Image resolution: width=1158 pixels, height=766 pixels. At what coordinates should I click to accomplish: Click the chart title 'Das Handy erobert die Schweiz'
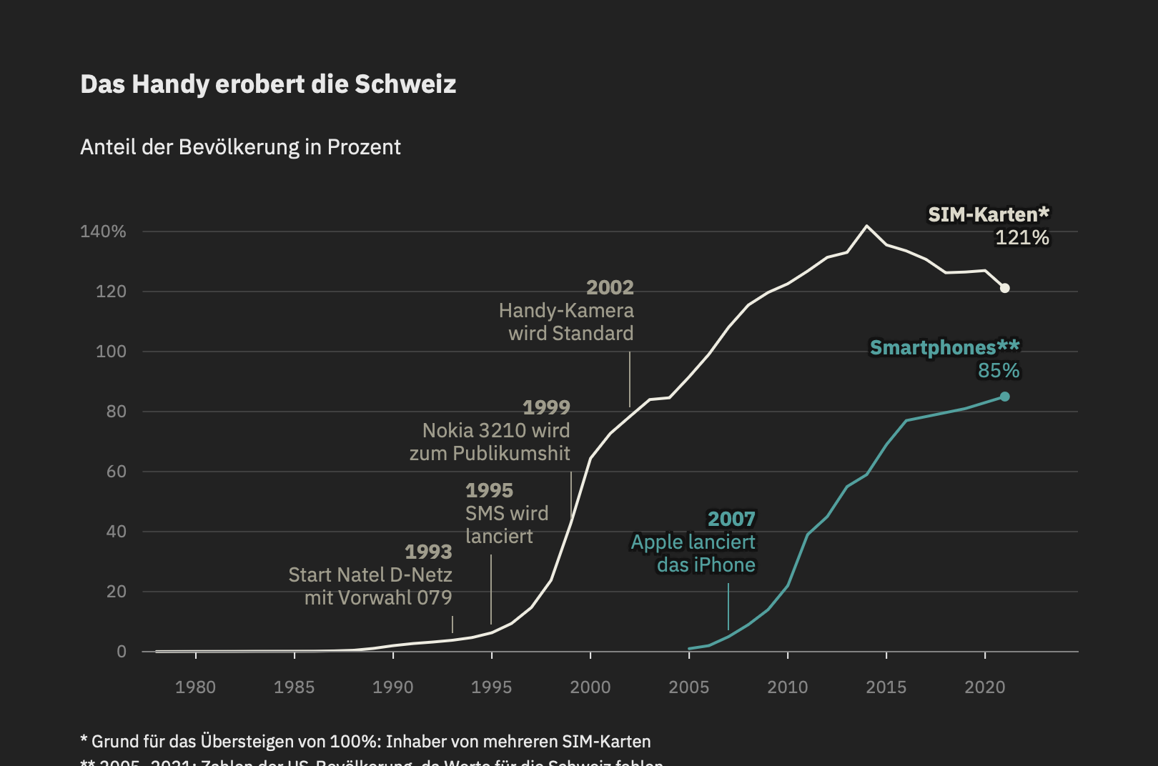(x=268, y=84)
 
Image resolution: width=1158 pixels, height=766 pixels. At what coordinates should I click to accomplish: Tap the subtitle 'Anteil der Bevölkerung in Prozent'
(x=240, y=147)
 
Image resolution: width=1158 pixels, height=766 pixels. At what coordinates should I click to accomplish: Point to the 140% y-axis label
(x=103, y=232)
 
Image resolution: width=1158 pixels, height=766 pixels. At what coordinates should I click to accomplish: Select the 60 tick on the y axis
(x=116, y=472)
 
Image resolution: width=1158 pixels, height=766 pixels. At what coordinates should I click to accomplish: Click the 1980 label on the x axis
(x=195, y=687)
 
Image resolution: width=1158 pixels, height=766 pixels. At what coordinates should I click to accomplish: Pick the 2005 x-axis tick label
(x=688, y=687)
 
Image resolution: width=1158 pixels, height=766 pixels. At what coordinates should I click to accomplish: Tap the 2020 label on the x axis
(x=984, y=687)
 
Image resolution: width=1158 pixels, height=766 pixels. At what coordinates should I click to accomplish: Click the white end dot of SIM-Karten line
(x=1004, y=288)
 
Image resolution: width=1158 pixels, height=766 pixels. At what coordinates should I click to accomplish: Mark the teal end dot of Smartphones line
(x=1004, y=397)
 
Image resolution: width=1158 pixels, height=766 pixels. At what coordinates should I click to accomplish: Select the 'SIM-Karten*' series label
(x=988, y=214)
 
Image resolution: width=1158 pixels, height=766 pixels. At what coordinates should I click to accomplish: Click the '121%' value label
(x=1022, y=238)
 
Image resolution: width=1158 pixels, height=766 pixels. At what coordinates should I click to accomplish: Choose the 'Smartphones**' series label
(x=944, y=348)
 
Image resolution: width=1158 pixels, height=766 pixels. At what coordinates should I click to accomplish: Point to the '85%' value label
(x=999, y=371)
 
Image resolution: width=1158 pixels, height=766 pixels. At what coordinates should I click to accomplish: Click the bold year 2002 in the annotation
(x=610, y=287)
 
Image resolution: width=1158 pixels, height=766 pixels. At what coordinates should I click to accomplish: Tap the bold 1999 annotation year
(x=546, y=407)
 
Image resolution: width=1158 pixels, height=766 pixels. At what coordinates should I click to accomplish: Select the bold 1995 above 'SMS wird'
(x=489, y=490)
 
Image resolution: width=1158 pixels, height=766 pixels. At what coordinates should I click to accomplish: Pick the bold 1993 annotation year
(x=428, y=552)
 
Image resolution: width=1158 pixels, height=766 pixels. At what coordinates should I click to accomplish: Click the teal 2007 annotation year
(x=731, y=519)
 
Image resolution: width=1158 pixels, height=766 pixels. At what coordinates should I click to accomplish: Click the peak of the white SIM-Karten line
(x=866, y=226)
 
